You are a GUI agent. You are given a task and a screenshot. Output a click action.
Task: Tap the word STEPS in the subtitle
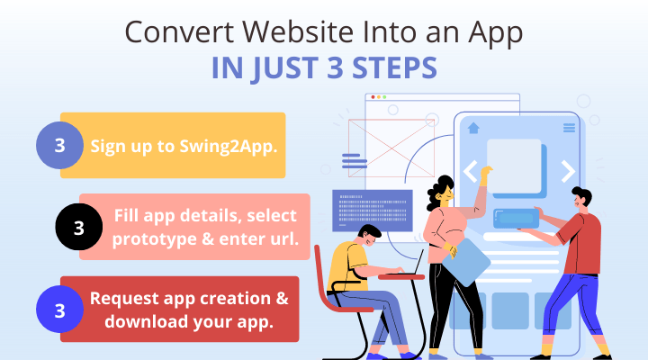[395, 68]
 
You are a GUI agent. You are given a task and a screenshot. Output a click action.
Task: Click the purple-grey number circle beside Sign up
[59, 145]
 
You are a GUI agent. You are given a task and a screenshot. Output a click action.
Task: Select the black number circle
[79, 227]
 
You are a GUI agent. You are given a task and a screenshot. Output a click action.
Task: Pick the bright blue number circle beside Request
[59, 310]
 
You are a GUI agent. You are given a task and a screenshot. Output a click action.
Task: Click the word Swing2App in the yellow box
[228, 147]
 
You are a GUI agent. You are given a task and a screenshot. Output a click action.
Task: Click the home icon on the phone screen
[473, 128]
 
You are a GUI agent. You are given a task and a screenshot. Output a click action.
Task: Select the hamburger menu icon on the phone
[569, 128]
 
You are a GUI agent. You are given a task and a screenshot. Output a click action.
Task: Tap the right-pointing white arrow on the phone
[568, 171]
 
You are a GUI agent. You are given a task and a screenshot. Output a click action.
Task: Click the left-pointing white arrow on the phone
[471, 171]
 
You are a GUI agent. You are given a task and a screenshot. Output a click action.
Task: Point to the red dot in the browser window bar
[373, 97]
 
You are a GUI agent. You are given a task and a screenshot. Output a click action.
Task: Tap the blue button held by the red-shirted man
[517, 218]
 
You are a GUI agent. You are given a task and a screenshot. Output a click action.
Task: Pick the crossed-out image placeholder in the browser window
[391, 148]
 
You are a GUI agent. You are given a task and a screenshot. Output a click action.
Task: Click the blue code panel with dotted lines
[373, 211]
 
